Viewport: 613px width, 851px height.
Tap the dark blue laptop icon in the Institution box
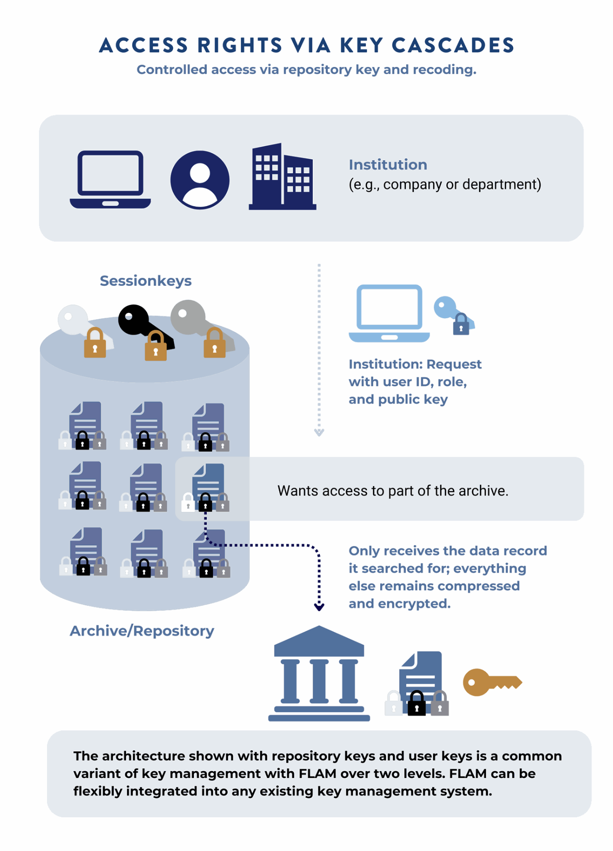pyautogui.click(x=110, y=180)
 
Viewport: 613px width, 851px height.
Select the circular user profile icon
pyautogui.click(x=200, y=180)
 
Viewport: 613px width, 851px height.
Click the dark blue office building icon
pyautogui.click(x=282, y=178)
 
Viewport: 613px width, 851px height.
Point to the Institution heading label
pyautogui.click(x=387, y=165)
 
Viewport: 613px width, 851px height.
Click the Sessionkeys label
pyautogui.click(x=145, y=281)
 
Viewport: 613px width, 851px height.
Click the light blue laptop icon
pyautogui.click(x=389, y=313)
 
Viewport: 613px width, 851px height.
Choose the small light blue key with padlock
pyautogui.click(x=451, y=313)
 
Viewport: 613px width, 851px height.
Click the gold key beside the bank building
pyautogui.click(x=491, y=682)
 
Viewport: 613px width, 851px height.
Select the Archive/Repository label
pyautogui.click(x=142, y=631)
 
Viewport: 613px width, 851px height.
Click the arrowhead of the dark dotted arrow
pyautogui.click(x=319, y=607)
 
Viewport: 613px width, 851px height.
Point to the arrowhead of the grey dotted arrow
pyautogui.click(x=319, y=432)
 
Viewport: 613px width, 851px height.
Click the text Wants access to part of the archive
pyautogui.click(x=393, y=491)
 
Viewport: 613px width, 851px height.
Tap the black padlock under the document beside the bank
pyautogui.click(x=416, y=704)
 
